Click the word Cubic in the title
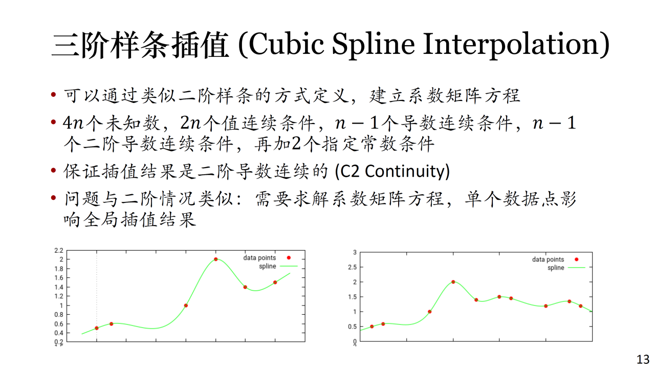click(x=286, y=44)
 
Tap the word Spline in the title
click(x=374, y=46)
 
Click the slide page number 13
click(x=643, y=359)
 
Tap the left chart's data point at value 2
click(x=216, y=259)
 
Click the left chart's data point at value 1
click(x=186, y=305)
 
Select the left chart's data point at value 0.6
click(x=111, y=324)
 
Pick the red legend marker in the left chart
click(x=289, y=258)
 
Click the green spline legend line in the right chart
click(x=576, y=268)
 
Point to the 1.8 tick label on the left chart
click(x=59, y=269)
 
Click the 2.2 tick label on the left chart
click(x=59, y=251)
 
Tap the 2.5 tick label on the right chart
click(x=353, y=267)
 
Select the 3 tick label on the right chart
click(x=355, y=252)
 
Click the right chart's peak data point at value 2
click(x=453, y=282)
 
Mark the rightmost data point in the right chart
click(x=580, y=306)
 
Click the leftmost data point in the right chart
click(x=372, y=326)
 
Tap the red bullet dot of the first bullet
click(x=54, y=94)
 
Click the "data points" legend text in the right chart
click(x=548, y=259)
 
